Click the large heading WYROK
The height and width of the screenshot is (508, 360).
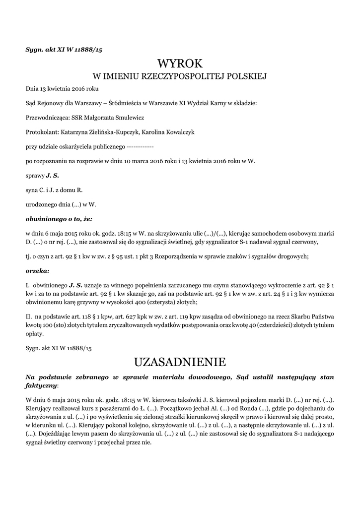click(180, 64)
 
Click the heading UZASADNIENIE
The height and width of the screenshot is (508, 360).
click(180, 361)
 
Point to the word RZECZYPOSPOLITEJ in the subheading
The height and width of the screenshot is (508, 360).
click(178, 77)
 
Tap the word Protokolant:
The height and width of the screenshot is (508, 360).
click(42, 132)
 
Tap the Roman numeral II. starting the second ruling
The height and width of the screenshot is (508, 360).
click(29, 316)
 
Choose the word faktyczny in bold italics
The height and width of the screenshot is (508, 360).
click(41, 385)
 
